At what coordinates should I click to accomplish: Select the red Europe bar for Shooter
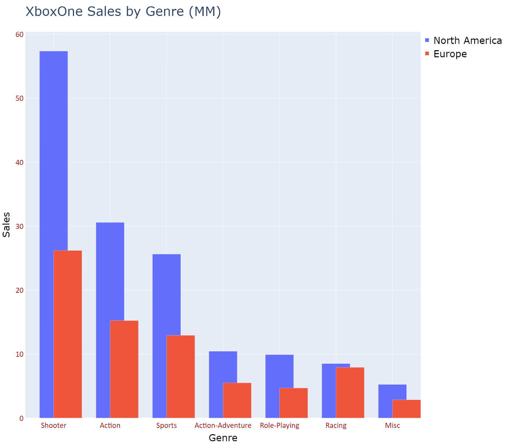[68, 334]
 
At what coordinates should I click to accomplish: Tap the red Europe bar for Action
[124, 369]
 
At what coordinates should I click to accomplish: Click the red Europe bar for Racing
[350, 393]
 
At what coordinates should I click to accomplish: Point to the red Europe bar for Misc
[406, 409]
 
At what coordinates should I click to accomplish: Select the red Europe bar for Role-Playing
[294, 403]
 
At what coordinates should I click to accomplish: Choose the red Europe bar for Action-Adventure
[237, 400]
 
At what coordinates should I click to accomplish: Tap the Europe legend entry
[450, 54]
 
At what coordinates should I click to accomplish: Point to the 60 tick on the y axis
[20, 35]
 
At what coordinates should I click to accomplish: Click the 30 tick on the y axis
[20, 226]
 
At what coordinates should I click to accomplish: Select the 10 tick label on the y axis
[20, 354]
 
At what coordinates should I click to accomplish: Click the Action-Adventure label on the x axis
[223, 425]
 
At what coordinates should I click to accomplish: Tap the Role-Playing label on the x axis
[279, 425]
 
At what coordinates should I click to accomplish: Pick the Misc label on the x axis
[392, 425]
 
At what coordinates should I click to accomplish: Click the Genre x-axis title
[223, 438]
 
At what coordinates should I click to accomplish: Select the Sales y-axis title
[6, 225]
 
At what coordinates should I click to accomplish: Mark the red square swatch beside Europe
[427, 54]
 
